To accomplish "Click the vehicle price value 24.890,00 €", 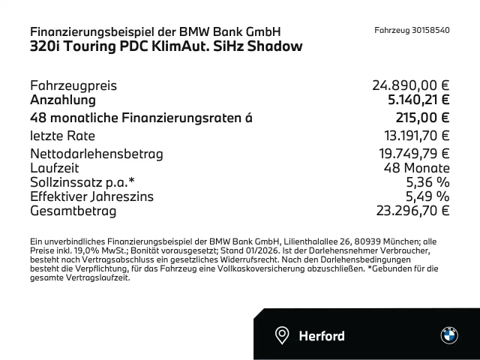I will click(x=410, y=86).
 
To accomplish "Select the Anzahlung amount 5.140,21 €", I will click(x=415, y=100).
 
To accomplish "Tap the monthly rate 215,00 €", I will click(x=422, y=118).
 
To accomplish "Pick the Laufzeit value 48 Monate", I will click(x=416, y=168).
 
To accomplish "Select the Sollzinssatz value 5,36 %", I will click(x=427, y=182).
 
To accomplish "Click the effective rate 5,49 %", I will click(x=427, y=196).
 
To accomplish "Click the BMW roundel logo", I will click(x=448, y=334).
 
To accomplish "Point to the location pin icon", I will click(x=282, y=334).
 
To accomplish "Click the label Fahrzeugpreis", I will click(x=73, y=86).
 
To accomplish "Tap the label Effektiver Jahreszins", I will click(x=92, y=196).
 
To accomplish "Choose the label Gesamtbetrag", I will click(x=73, y=211).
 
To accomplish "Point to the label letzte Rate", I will click(x=62, y=136).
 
